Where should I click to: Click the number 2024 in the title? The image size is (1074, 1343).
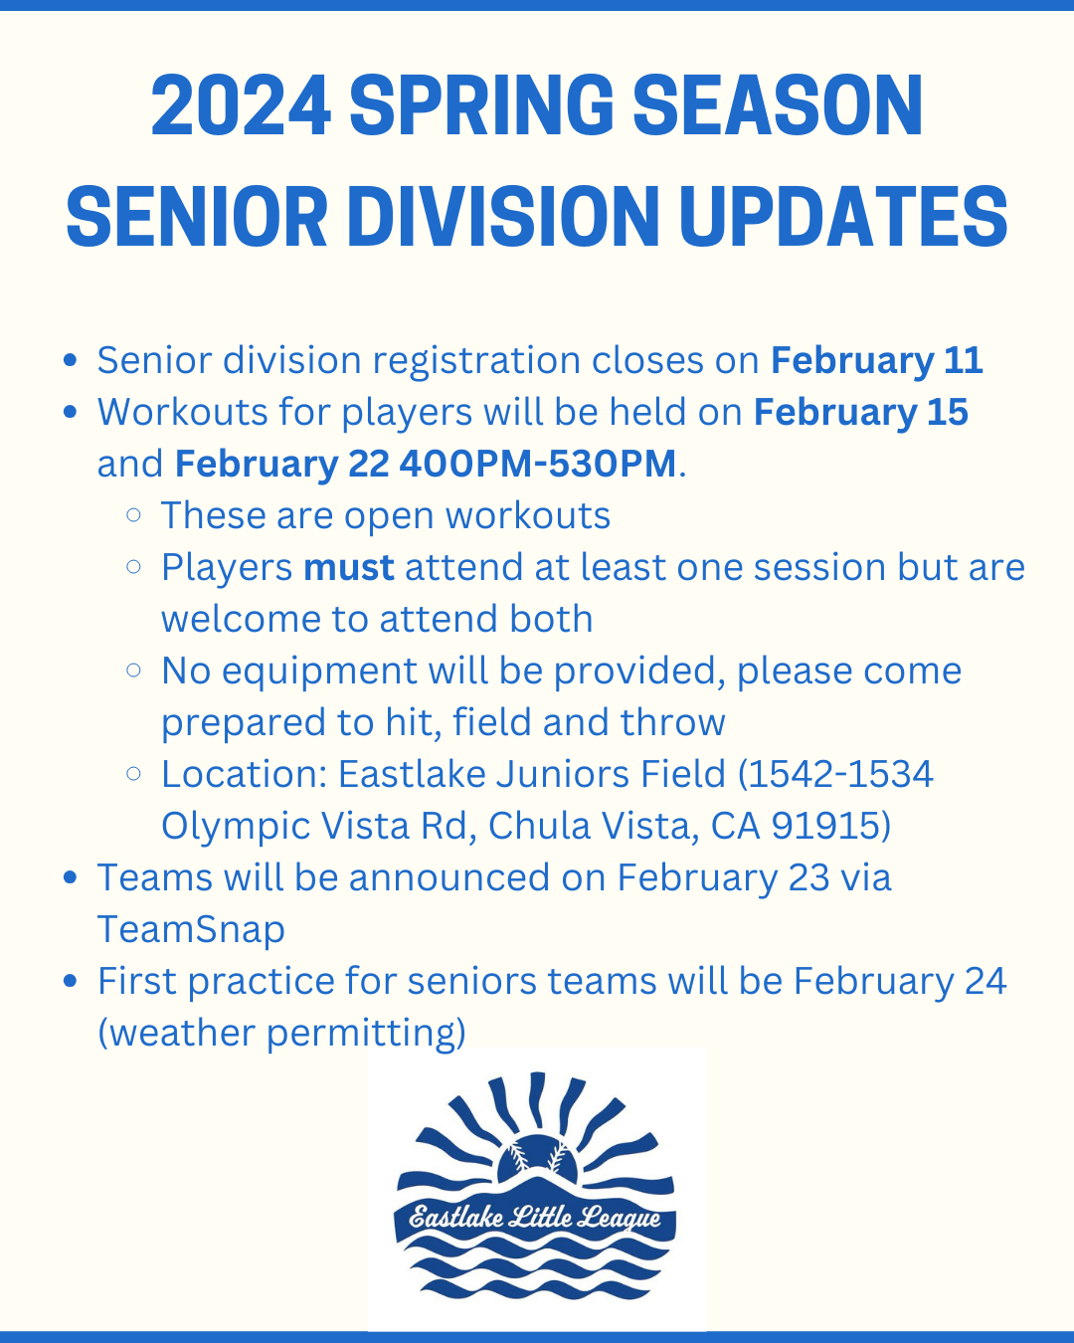tap(241, 104)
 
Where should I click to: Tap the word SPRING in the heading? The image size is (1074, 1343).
tap(481, 104)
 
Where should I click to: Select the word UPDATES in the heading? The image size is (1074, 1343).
tap(843, 217)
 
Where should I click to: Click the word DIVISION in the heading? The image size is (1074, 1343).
tap(503, 217)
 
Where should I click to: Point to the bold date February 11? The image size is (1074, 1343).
tap(877, 360)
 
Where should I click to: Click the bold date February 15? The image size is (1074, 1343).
tap(860, 412)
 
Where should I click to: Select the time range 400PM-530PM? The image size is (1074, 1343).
tap(538, 463)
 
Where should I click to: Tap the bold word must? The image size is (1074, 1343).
tap(349, 567)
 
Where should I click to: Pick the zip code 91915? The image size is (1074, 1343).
tap(823, 826)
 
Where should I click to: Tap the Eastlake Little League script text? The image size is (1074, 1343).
tap(535, 1218)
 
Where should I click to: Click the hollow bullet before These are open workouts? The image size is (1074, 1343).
tap(133, 515)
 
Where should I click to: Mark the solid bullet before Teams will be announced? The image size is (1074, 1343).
tap(71, 877)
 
